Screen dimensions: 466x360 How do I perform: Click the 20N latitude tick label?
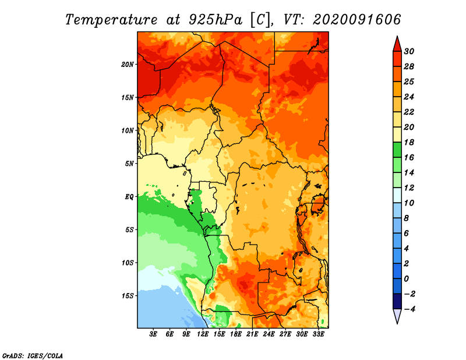click(128, 65)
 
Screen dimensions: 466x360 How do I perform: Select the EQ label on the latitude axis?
click(129, 197)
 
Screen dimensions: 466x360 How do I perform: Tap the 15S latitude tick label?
click(128, 296)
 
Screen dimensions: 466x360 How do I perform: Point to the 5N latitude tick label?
click(129, 164)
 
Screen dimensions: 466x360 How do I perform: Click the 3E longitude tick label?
click(153, 334)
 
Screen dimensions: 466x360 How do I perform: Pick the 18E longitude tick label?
click(236, 334)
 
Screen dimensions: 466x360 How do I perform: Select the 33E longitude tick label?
click(318, 334)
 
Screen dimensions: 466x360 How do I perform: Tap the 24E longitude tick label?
click(269, 334)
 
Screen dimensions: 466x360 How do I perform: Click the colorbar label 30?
click(409, 51)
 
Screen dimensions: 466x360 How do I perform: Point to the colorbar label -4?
click(409, 309)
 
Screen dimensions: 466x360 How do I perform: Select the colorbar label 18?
click(409, 142)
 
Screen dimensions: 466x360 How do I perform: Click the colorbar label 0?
click(407, 279)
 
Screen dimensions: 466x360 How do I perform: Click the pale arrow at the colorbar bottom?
click(397, 315)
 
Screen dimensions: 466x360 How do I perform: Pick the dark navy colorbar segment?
click(397, 301)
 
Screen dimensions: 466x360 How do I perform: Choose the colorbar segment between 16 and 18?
click(397, 150)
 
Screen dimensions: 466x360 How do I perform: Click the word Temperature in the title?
click(111, 20)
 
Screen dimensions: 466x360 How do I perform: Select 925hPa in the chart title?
click(216, 20)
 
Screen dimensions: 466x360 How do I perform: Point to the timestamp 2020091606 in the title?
click(357, 20)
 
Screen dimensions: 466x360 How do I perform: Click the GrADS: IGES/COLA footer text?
click(33, 355)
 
